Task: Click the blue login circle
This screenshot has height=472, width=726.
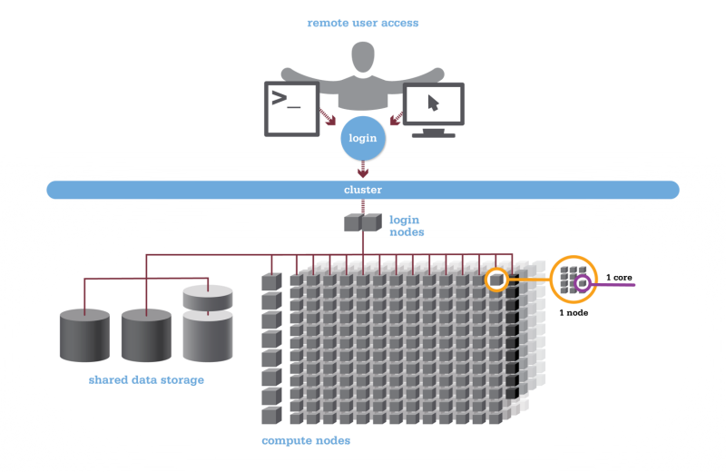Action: point(363,139)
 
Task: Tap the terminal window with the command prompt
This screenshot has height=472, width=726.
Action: point(290,107)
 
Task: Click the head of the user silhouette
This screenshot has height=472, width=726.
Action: point(363,56)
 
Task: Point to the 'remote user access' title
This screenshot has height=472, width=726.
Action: point(363,23)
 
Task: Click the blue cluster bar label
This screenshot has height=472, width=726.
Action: point(363,190)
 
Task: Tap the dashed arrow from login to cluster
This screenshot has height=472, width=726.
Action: point(363,169)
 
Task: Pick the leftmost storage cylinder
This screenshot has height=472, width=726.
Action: point(84,334)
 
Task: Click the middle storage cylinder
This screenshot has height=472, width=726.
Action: point(146,334)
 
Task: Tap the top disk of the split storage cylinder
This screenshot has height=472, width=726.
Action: point(208,297)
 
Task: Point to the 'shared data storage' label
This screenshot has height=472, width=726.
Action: point(146,379)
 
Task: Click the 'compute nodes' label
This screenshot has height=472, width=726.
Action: point(306,440)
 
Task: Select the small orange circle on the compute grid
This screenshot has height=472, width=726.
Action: point(496,280)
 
